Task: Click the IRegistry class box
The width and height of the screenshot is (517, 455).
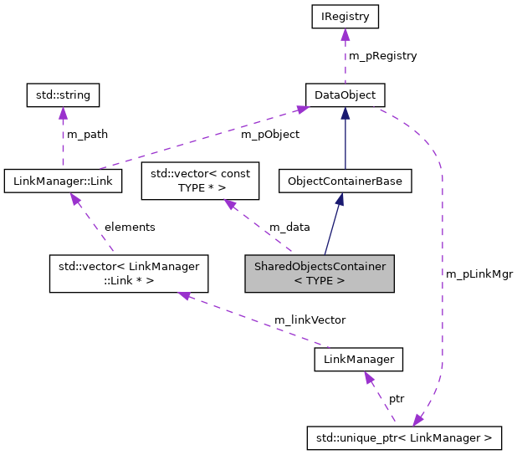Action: [345, 16]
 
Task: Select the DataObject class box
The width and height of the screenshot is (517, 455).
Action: [345, 95]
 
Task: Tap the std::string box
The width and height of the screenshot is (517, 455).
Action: [63, 95]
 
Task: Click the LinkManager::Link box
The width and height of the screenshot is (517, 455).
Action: [63, 180]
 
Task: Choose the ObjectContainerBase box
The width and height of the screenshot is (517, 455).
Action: [345, 181]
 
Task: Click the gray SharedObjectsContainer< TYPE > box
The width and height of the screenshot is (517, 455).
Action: [318, 274]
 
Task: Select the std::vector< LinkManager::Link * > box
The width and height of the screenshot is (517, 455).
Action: [128, 274]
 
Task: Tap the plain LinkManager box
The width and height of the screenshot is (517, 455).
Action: [358, 360]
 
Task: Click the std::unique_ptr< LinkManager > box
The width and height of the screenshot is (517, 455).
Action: [404, 437]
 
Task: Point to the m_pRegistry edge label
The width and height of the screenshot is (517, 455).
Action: [382, 55]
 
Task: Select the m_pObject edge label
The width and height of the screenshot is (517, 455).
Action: [269, 134]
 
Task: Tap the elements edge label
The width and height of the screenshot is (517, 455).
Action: [130, 227]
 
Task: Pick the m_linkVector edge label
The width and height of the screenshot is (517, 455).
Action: [310, 320]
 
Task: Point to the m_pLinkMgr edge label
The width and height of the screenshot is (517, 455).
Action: [479, 274]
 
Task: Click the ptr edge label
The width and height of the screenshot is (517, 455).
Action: [397, 399]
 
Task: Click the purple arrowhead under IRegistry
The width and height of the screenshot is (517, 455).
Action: [345, 33]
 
